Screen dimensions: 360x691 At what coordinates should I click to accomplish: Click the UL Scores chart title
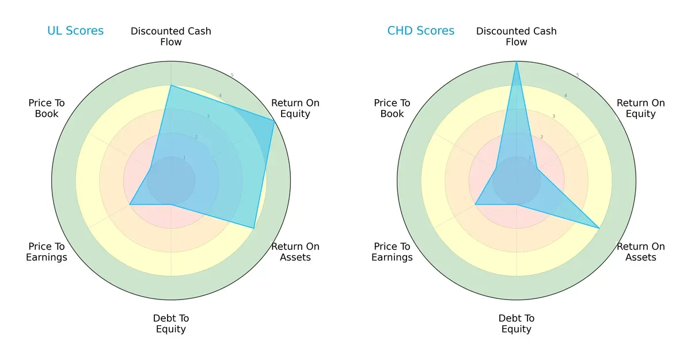pyautogui.click(x=75, y=31)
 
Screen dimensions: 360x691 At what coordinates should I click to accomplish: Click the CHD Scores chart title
pyautogui.click(x=421, y=31)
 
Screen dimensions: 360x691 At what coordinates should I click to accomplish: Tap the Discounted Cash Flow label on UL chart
pyautogui.click(x=171, y=36)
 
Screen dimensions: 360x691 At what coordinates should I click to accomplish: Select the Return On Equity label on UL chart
pyautogui.click(x=295, y=108)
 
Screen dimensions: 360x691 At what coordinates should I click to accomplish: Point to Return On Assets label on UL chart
pyautogui.click(x=295, y=252)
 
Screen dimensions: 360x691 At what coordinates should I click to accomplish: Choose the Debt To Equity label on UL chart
pyautogui.click(x=171, y=324)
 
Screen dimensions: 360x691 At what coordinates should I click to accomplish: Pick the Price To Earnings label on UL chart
pyautogui.click(x=47, y=252)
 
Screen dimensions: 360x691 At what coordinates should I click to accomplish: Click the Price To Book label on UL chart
pyautogui.click(x=47, y=108)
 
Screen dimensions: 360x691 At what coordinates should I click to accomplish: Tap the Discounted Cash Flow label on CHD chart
pyautogui.click(x=517, y=36)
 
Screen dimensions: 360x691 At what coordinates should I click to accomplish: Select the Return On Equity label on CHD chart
pyautogui.click(x=641, y=108)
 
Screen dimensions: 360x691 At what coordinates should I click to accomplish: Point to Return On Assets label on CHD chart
pyautogui.click(x=641, y=252)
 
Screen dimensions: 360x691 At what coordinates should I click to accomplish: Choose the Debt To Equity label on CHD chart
pyautogui.click(x=517, y=324)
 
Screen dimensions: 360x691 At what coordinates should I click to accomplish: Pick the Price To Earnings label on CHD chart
pyautogui.click(x=392, y=252)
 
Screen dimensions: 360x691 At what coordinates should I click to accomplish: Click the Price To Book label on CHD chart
pyautogui.click(x=392, y=108)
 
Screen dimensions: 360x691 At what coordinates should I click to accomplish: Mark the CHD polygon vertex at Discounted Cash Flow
pyautogui.click(x=517, y=62)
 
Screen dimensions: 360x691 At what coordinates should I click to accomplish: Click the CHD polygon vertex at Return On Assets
pyautogui.click(x=599, y=228)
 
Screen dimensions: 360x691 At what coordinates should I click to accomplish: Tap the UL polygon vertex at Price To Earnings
pyautogui.click(x=130, y=204)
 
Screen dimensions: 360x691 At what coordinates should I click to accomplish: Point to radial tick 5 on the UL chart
pyautogui.click(x=232, y=75)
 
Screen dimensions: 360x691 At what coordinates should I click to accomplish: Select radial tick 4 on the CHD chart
pyautogui.click(x=565, y=96)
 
